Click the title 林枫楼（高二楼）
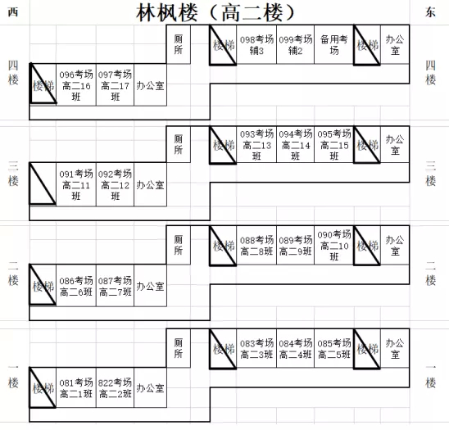(215, 13)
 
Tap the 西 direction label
(13, 12)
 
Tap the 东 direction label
(430, 12)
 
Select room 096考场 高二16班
(76, 85)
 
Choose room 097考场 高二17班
(115, 85)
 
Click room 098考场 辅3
(256, 45)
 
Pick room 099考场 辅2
(295, 45)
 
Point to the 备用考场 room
(334, 45)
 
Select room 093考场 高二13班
(256, 145)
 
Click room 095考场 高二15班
(334, 145)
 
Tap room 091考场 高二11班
(76, 184)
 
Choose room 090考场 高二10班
(334, 246)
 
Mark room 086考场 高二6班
(76, 286)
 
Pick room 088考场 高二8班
(256, 246)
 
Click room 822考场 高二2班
(115, 387)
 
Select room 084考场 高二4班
(295, 348)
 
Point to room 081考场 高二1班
(76, 387)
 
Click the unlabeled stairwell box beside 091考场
(43, 183)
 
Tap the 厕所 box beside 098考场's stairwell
(178, 44)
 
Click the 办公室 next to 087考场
(150, 286)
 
